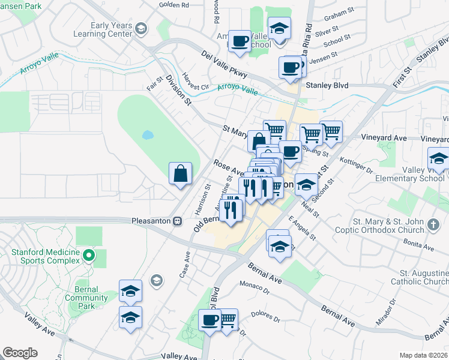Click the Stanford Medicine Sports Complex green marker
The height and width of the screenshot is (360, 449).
(89, 256)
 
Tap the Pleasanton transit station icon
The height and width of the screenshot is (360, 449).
(177, 221)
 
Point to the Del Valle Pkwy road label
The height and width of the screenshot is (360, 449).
(224, 66)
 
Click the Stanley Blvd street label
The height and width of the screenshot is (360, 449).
(327, 86)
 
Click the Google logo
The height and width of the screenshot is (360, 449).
(20, 353)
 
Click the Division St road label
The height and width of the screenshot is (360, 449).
(178, 89)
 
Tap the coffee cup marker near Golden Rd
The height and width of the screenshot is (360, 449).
(240, 41)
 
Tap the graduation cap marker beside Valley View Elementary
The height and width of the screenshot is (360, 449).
(439, 160)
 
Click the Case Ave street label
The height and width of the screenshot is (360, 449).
(184, 264)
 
